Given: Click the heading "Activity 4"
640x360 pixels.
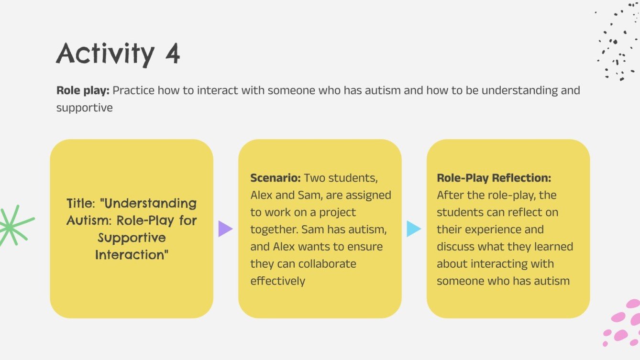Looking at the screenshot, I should (118, 54).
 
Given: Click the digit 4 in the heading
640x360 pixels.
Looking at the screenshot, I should (173, 54).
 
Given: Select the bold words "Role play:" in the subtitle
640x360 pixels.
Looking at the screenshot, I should (83, 90).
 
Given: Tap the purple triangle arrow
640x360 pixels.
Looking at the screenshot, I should (225, 229).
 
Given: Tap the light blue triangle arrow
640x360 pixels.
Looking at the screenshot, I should (413, 229).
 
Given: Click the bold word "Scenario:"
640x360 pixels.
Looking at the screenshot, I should (276, 178).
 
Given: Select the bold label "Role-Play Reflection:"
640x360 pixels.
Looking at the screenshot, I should (494, 178).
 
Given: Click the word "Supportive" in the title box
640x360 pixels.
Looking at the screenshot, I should (132, 238).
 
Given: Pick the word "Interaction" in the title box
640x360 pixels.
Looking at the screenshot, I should (132, 255).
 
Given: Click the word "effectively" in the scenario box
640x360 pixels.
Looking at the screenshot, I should (277, 281).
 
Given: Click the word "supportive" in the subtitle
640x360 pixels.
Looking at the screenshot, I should (85, 108).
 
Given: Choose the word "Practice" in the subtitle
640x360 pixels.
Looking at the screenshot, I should (134, 90).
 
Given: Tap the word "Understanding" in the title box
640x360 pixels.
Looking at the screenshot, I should (150, 203).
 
